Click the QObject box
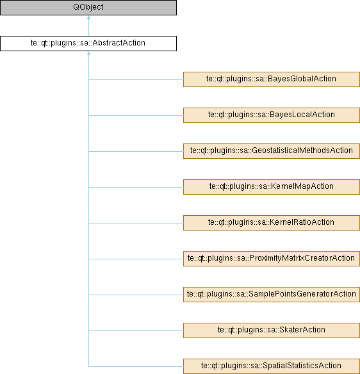88,8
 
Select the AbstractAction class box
88,44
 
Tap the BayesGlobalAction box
272,79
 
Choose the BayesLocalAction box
272,115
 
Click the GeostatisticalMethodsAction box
272,151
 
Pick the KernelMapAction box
272,187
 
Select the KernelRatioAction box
272,223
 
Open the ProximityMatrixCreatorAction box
272,259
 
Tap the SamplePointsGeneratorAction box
272,295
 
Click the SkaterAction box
272,330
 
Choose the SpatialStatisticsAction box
272,366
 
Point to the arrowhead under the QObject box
89,17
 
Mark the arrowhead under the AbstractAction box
89,53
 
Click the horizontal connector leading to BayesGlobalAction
136,79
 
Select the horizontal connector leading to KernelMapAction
136,187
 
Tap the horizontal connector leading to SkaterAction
136,330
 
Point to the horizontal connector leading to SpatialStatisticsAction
136,366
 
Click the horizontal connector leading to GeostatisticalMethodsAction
136,151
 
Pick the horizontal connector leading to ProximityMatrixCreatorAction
136,259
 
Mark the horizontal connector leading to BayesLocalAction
136,115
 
